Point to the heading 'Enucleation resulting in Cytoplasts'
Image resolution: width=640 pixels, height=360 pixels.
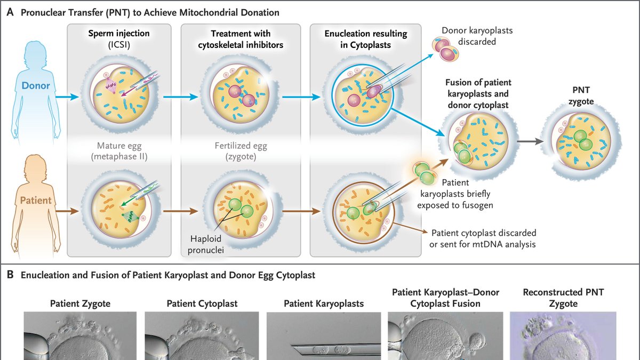[x=365, y=39]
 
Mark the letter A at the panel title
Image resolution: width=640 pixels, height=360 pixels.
[x=10, y=12]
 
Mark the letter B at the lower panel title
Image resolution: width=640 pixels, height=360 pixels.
[x=10, y=276]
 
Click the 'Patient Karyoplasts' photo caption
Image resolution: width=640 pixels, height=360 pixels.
[x=324, y=303]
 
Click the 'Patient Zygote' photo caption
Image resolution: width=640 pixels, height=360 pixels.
[x=80, y=303]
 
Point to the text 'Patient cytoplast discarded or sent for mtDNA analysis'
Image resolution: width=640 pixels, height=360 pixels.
[x=483, y=238]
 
